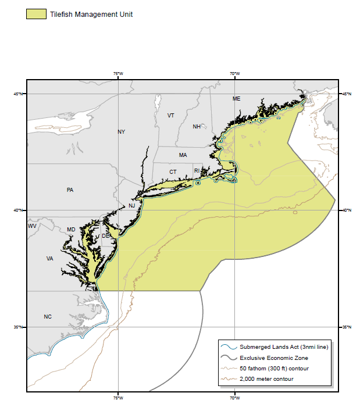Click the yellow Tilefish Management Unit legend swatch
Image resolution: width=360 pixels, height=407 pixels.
pyautogui.click(x=36, y=14)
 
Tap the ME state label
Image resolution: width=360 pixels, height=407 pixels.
pyautogui.click(x=236, y=99)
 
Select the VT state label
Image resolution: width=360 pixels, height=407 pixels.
pyautogui.click(x=171, y=116)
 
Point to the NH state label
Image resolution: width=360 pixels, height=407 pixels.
pyautogui.click(x=197, y=126)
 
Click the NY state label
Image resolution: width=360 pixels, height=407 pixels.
pyautogui.click(x=121, y=132)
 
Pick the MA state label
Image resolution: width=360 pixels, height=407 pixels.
pyautogui.click(x=183, y=155)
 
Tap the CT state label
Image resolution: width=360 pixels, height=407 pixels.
pyautogui.click(x=173, y=172)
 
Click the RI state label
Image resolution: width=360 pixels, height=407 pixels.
pyautogui.click(x=197, y=171)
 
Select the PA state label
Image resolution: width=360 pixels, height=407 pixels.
pyautogui.click(x=70, y=190)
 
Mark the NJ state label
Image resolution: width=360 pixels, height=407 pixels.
pyautogui.click(x=131, y=206)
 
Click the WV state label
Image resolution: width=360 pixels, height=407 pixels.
pyautogui.click(x=32, y=226)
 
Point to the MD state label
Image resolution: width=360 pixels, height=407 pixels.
pyautogui.click(x=71, y=230)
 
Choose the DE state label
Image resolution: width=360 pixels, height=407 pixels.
pyautogui.click(x=105, y=236)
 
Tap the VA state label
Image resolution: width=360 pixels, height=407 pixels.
pyautogui.click(x=50, y=259)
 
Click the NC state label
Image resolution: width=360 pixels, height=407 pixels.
pyautogui.click(x=48, y=317)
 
